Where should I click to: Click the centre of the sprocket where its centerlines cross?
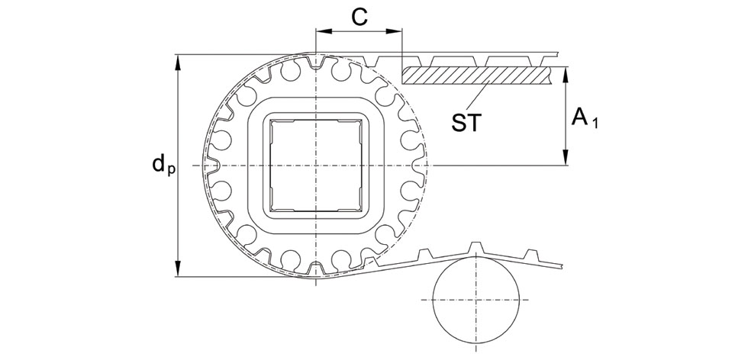(x=316, y=166)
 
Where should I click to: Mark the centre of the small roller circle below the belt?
(x=475, y=300)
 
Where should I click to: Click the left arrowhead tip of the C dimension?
(x=316, y=31)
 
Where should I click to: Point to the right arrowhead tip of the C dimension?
(x=401, y=31)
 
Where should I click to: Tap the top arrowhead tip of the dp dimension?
(x=178, y=55)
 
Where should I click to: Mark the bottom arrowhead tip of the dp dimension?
(x=178, y=276)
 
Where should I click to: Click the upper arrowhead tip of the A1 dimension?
(x=566, y=67)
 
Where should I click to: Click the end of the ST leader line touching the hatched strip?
(x=488, y=82)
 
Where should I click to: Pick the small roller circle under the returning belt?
(x=475, y=300)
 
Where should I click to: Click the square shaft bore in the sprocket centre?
(x=316, y=166)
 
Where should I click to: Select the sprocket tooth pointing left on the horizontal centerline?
(x=212, y=166)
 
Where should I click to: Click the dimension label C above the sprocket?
(x=359, y=18)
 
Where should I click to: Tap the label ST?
(x=466, y=123)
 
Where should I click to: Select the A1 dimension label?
(x=585, y=117)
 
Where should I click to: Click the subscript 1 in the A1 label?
(x=595, y=124)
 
